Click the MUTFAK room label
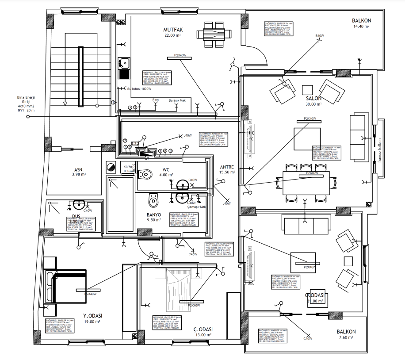[173, 30]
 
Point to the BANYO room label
[153, 214]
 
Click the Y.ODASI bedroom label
[93, 315]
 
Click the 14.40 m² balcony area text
[361, 27]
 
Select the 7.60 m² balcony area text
[346, 337]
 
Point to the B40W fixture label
[319, 36]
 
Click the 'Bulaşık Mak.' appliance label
[177, 100]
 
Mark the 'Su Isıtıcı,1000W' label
[140, 89]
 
